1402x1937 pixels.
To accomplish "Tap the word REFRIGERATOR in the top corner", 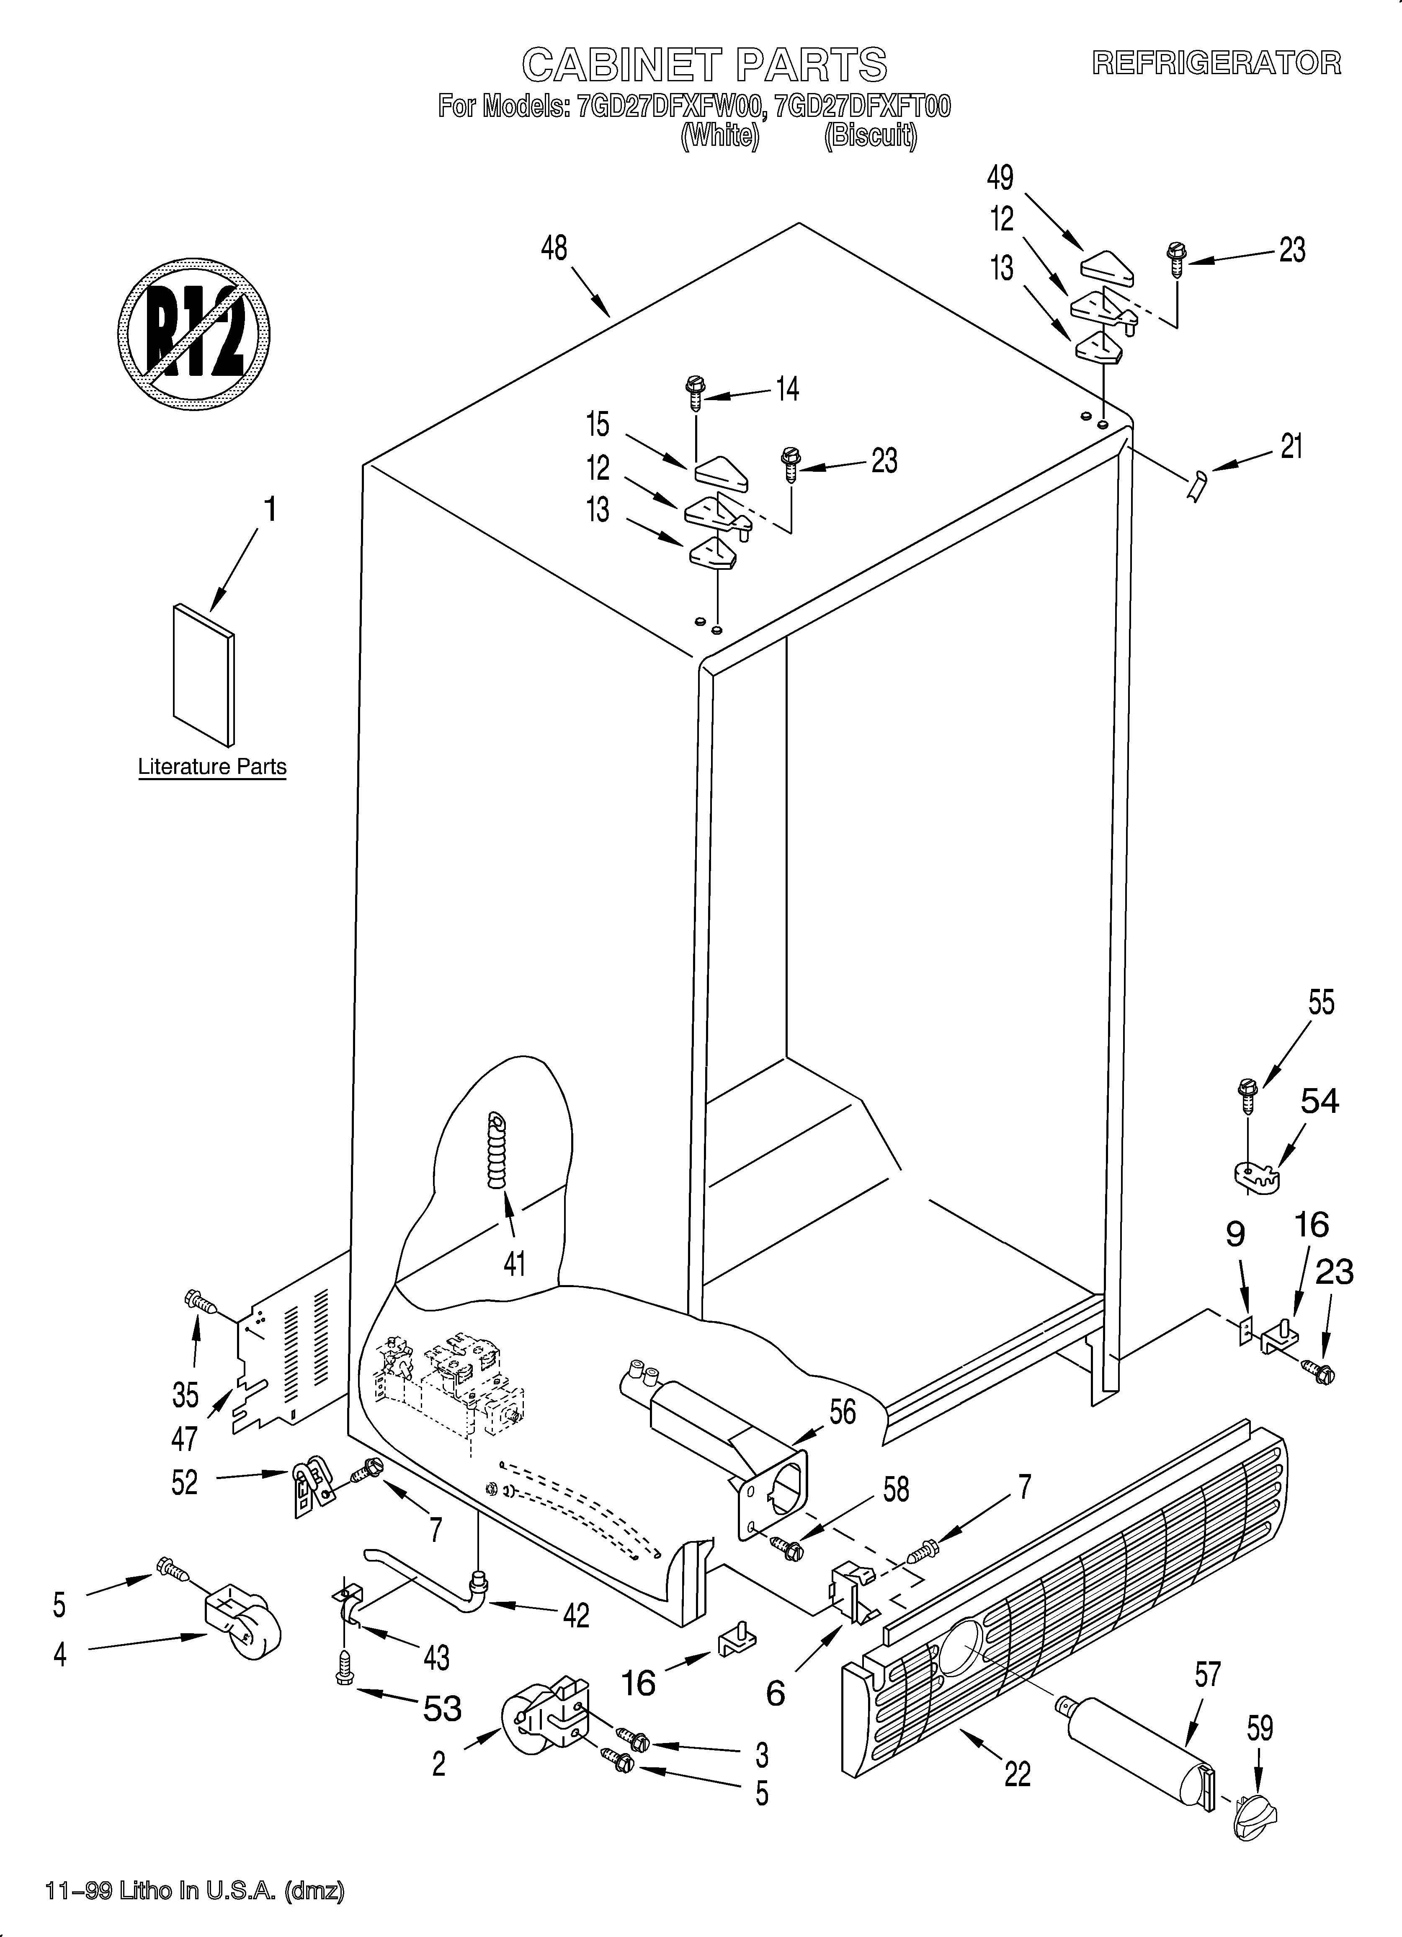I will pyautogui.click(x=1217, y=63).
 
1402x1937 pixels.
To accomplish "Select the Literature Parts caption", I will pyautogui.click(x=212, y=767).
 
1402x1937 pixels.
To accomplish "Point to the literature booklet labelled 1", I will pyautogui.click(x=203, y=675).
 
